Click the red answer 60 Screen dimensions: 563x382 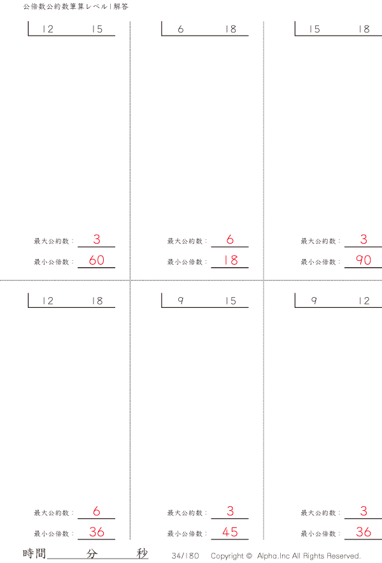(x=97, y=260)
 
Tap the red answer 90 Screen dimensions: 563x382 (x=364, y=260)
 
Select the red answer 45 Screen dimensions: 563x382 (x=230, y=532)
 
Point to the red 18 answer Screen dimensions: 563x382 (x=230, y=260)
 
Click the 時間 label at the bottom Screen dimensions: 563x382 (x=34, y=553)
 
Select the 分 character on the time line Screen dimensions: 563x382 (x=92, y=553)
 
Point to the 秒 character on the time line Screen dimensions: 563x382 (x=142, y=553)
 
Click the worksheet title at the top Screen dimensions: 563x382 (x=75, y=6)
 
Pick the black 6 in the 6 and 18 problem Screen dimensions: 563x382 (x=181, y=29)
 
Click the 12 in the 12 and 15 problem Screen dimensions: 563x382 (x=47, y=29)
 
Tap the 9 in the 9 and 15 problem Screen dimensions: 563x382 (x=181, y=301)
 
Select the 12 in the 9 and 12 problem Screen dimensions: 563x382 (x=364, y=301)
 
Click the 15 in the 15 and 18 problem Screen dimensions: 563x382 (x=315, y=29)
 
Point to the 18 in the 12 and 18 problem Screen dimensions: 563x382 (x=97, y=301)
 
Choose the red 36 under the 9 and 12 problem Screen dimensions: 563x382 (x=364, y=532)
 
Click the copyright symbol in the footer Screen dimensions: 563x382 (x=249, y=555)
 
